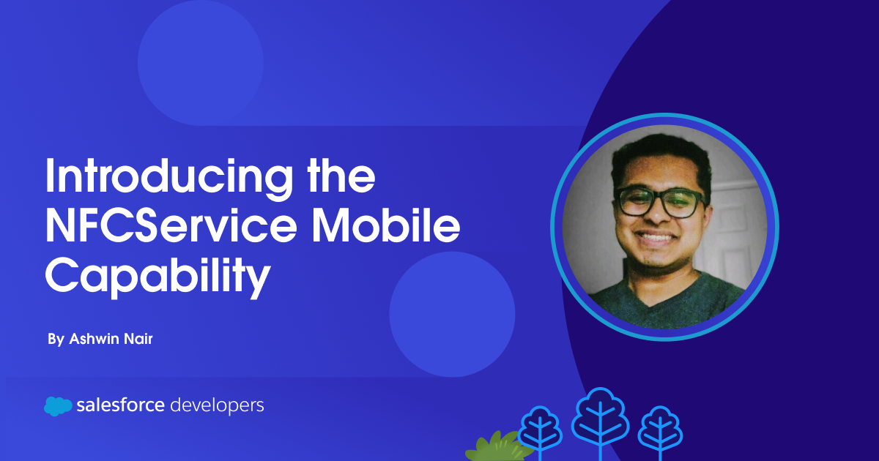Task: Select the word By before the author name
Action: [x=55, y=340]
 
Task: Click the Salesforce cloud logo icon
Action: [x=58, y=406]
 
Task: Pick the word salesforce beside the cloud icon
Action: [x=120, y=405]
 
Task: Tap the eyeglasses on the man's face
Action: [x=659, y=202]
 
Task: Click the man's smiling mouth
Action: [x=661, y=238]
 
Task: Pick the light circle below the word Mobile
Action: [x=452, y=314]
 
